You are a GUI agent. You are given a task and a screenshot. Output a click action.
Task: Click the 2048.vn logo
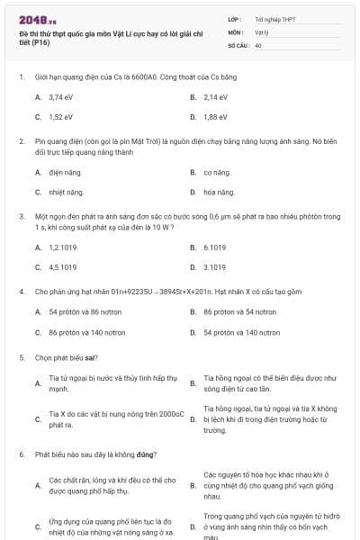[x=37, y=19]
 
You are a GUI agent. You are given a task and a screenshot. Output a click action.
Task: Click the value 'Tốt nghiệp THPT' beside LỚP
[x=274, y=19]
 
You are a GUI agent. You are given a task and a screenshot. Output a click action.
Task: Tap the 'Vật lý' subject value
[x=262, y=31]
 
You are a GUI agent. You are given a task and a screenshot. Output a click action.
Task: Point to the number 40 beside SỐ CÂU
[x=258, y=44]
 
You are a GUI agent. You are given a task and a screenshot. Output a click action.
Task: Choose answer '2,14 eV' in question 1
[x=215, y=97]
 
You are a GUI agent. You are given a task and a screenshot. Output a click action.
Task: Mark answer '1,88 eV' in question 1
[x=215, y=117]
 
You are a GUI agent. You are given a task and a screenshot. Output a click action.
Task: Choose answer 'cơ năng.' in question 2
[x=217, y=172]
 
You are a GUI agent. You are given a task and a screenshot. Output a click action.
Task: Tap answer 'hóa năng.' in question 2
[x=219, y=192]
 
